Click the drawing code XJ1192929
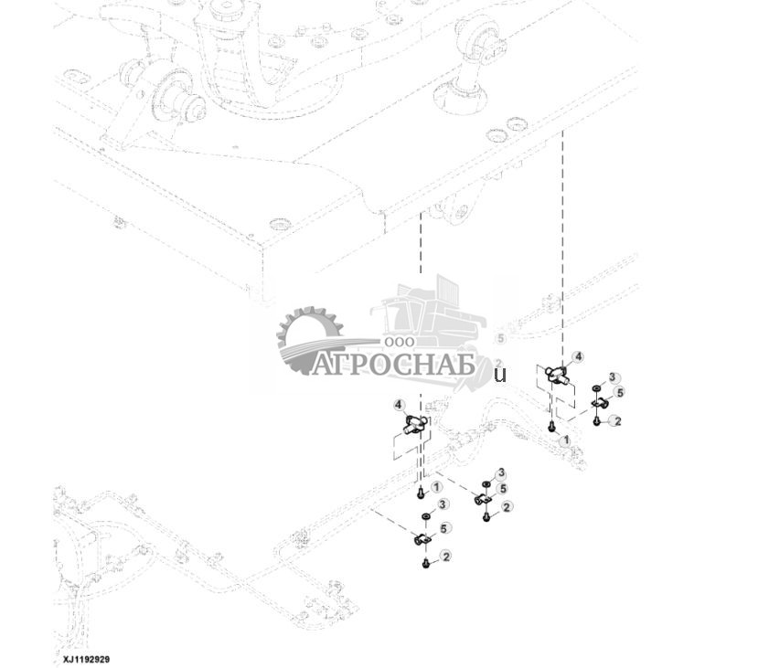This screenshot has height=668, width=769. [86, 659]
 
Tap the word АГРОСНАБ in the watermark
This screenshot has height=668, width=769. [393, 365]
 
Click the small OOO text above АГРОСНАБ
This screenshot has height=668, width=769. [400, 340]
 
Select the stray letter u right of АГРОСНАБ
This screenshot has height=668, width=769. [499, 374]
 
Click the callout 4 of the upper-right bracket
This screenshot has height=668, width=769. [577, 356]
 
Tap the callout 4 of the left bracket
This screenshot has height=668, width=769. [399, 405]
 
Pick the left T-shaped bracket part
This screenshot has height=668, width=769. [415, 423]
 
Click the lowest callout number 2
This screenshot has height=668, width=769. [445, 556]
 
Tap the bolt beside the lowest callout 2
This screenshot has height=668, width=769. [426, 563]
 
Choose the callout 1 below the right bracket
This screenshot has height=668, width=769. [565, 440]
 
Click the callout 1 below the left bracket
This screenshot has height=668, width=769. [436, 488]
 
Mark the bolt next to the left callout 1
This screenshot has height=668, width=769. [420, 493]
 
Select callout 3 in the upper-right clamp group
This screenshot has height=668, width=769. [614, 377]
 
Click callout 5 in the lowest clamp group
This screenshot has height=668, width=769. [443, 528]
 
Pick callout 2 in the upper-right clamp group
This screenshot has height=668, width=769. [617, 420]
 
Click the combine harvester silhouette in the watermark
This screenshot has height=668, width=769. [430, 320]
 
